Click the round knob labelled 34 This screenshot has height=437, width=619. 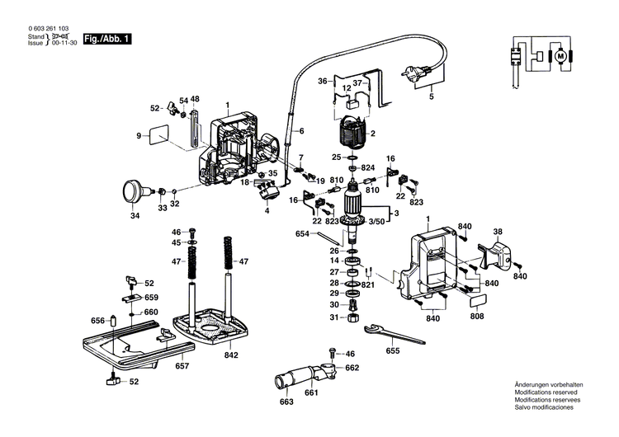(x=131, y=190)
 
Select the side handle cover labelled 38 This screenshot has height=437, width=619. (x=499, y=252)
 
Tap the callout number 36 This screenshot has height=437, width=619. (x=324, y=81)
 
